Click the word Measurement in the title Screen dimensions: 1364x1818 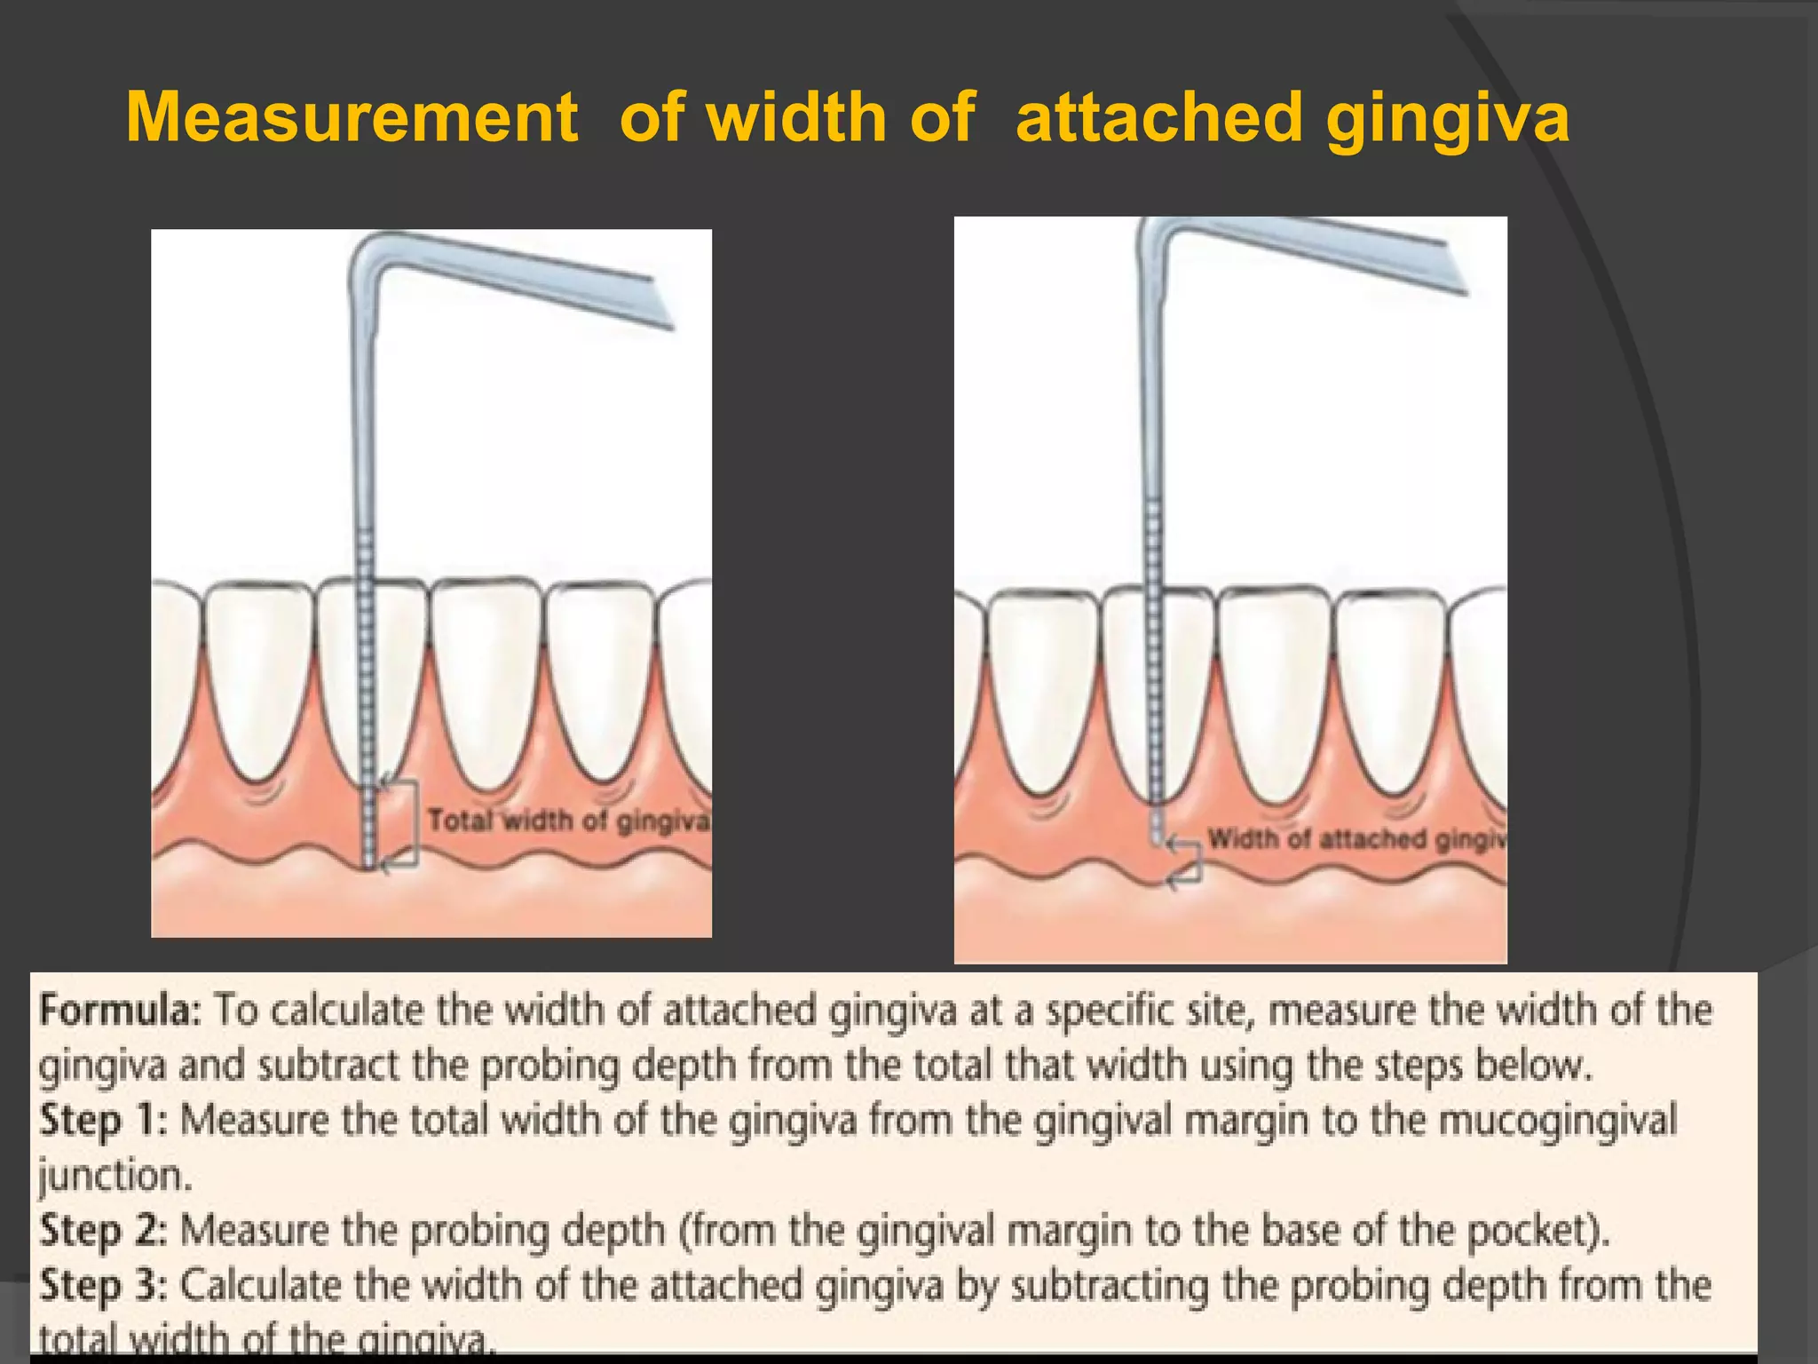[x=352, y=117]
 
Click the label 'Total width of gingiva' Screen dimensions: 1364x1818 [x=568, y=821]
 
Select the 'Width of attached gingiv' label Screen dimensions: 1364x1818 [x=1356, y=839]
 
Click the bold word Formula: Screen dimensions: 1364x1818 [x=121, y=1011]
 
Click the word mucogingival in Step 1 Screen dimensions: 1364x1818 [x=1557, y=1121]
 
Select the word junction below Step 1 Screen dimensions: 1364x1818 [x=114, y=1176]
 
